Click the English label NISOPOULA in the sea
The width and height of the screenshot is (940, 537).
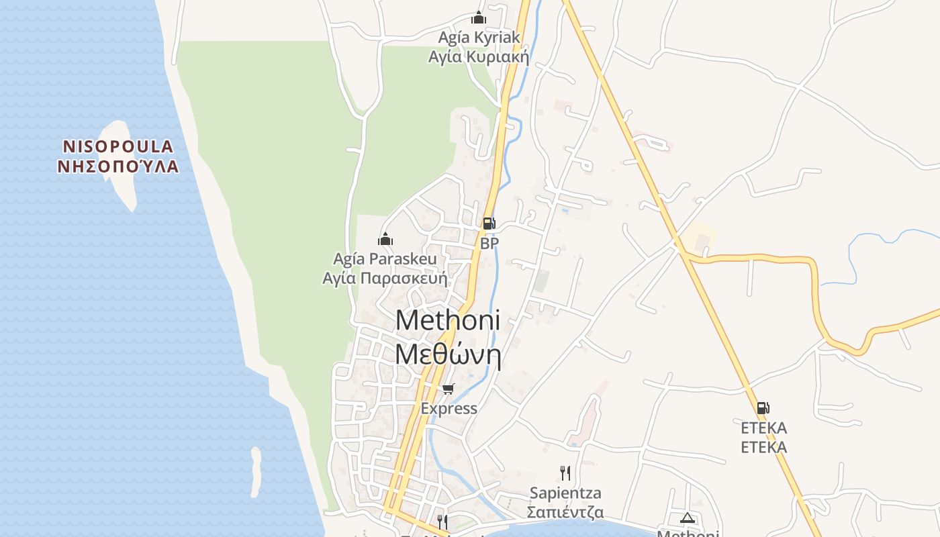pyautogui.click(x=118, y=146)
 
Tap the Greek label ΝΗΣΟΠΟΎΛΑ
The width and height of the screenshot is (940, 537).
pyautogui.click(x=118, y=166)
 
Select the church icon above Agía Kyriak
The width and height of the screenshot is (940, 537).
pyautogui.click(x=479, y=17)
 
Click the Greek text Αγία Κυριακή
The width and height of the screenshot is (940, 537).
pyautogui.click(x=479, y=57)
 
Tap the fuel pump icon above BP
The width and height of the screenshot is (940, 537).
pyautogui.click(x=489, y=224)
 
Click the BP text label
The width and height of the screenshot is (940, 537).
pyautogui.click(x=489, y=243)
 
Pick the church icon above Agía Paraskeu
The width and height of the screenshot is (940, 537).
pyautogui.click(x=385, y=239)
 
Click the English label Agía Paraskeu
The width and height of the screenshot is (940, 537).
pyautogui.click(x=385, y=258)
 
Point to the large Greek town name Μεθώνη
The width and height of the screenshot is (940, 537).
pyautogui.click(x=449, y=354)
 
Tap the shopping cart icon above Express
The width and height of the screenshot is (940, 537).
pyautogui.click(x=449, y=389)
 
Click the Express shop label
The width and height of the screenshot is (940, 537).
pyautogui.click(x=449, y=408)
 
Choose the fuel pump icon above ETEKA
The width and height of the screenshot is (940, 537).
pyautogui.click(x=763, y=407)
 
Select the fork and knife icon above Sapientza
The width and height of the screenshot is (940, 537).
pyautogui.click(x=565, y=473)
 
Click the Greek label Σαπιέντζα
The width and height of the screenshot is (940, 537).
pyautogui.click(x=565, y=513)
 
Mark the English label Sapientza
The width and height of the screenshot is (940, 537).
pyautogui.click(x=565, y=493)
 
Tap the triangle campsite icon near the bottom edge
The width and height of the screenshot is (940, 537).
pyautogui.click(x=687, y=518)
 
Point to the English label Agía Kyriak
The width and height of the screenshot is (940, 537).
pyautogui.click(x=479, y=37)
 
